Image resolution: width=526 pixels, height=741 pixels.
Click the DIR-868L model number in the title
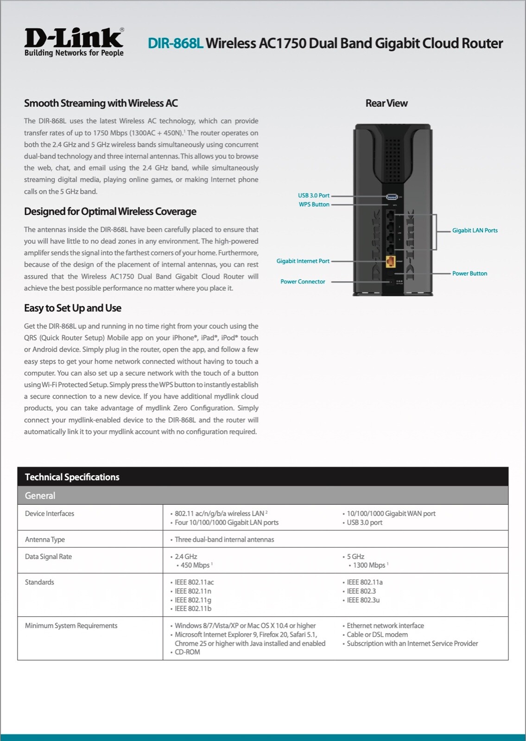(176, 44)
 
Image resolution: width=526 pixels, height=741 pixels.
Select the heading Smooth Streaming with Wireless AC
(101, 103)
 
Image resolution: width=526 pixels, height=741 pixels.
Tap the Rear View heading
(386, 103)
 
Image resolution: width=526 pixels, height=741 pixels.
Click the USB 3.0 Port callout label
(313, 195)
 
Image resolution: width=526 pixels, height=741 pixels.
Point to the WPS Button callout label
(314, 204)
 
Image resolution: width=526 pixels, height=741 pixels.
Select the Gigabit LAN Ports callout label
(475, 230)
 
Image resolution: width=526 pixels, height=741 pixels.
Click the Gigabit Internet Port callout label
(303, 261)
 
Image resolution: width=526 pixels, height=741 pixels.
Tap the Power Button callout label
(469, 273)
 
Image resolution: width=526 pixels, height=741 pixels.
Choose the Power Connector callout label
(303, 282)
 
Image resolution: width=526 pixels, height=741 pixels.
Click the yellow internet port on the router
(390, 262)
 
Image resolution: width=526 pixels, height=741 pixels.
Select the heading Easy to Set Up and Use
(72, 308)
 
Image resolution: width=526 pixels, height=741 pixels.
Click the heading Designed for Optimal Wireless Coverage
(110, 212)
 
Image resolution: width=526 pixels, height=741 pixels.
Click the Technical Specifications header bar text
(72, 477)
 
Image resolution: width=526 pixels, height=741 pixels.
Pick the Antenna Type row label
(45, 540)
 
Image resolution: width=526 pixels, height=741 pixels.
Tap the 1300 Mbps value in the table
(369, 565)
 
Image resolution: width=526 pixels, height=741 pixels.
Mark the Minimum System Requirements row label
(71, 626)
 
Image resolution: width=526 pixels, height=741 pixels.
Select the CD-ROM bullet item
(187, 652)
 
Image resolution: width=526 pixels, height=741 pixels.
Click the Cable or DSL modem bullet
(377, 634)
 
